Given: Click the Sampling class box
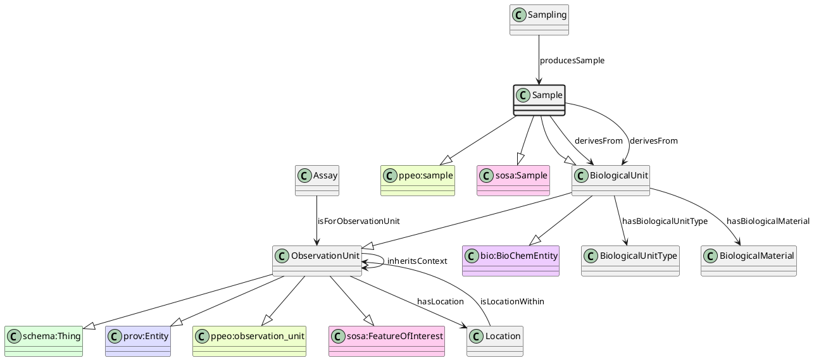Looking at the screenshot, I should tap(539, 20).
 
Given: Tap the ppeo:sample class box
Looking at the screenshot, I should tap(418, 180).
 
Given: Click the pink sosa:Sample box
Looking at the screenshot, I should tap(513, 180).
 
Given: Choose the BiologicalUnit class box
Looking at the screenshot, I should tap(611, 180).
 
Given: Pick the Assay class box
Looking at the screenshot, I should tap(316, 180).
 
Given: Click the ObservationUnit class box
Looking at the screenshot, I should tap(316, 261).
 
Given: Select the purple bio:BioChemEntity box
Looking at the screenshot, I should tap(511, 261).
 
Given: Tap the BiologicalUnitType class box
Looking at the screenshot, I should tap(630, 261).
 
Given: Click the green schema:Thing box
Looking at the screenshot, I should tap(44, 341).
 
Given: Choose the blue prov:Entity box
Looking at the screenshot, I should tap(138, 341).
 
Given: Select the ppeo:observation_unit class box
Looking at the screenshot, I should tap(249, 341).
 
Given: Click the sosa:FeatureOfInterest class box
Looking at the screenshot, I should tap(387, 341).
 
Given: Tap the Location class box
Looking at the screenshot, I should tap(495, 341).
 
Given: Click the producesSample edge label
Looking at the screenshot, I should tap(572, 61).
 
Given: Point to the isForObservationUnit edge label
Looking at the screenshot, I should tap(358, 221).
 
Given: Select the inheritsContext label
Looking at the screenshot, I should tap(417, 261).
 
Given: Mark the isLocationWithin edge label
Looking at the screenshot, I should tap(512, 301).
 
